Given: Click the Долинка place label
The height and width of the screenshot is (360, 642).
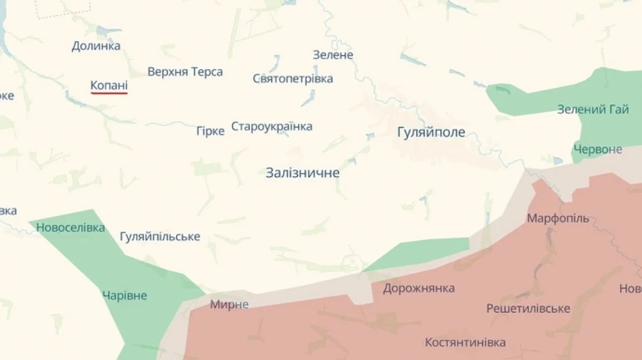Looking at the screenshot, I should tap(96, 46).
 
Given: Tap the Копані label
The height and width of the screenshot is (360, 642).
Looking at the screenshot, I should tap(108, 85).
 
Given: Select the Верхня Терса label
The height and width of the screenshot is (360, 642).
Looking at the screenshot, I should tap(185, 72).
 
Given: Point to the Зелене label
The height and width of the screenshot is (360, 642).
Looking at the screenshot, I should tap(333, 55).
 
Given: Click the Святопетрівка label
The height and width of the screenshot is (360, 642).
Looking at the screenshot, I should tap(292, 78).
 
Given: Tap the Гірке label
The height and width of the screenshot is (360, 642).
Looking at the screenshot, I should tap(210, 131).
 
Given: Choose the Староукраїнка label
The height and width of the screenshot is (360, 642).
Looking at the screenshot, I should tap(272, 127).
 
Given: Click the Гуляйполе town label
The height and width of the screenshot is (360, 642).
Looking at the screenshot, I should tap(431, 132).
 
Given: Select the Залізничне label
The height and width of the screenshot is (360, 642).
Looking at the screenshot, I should tap(302, 173).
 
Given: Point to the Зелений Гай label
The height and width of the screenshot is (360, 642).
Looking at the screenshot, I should tap(593, 110).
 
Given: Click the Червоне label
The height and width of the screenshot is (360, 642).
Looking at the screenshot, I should tap(597, 150).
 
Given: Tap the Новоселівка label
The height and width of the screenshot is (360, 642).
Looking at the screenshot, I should tap(71, 228).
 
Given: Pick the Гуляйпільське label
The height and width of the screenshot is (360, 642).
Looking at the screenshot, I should tap(160, 237).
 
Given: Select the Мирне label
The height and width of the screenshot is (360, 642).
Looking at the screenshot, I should tap(229, 304).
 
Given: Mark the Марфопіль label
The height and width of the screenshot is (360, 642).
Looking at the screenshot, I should tap(558, 218).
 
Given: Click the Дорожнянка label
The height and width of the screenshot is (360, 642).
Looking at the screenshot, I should tap(419, 289).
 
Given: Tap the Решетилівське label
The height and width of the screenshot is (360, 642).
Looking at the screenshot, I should tap(528, 309).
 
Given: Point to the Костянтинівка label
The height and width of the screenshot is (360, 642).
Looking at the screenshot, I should tap(465, 343).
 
